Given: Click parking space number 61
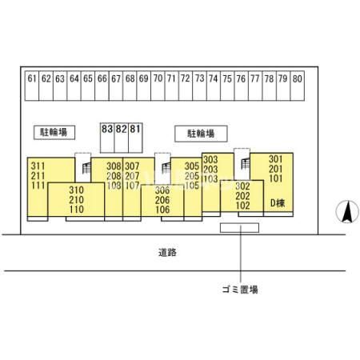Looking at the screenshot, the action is coord(32,86).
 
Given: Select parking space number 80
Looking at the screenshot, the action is coord(297,86).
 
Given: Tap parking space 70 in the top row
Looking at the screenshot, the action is coord(158,86).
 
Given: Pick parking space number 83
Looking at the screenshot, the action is coord(107,138).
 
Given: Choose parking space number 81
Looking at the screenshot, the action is coord(135,138).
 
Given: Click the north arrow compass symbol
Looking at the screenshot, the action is coord(347,211).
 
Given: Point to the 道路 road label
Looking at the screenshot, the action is coord(167,252).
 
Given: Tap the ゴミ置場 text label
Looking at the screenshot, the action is coord(240,290).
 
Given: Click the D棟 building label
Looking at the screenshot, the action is coord(278,203).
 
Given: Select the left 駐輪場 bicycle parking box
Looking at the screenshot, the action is coord(54,132).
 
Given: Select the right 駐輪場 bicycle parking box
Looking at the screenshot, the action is coord(201,134).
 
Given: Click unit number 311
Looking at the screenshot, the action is coord(38,166).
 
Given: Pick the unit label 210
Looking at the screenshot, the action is coord(76,200).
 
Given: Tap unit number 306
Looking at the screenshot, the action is coord(162,190).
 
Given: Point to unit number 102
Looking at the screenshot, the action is coord(242,206).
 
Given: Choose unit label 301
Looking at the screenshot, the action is coord(275,159).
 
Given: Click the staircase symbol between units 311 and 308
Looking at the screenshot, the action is coord(86,168).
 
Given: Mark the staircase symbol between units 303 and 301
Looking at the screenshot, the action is coord(246,163).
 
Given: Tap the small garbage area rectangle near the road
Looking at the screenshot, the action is coord(239,228).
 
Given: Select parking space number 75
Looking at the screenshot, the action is coord(227,86).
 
